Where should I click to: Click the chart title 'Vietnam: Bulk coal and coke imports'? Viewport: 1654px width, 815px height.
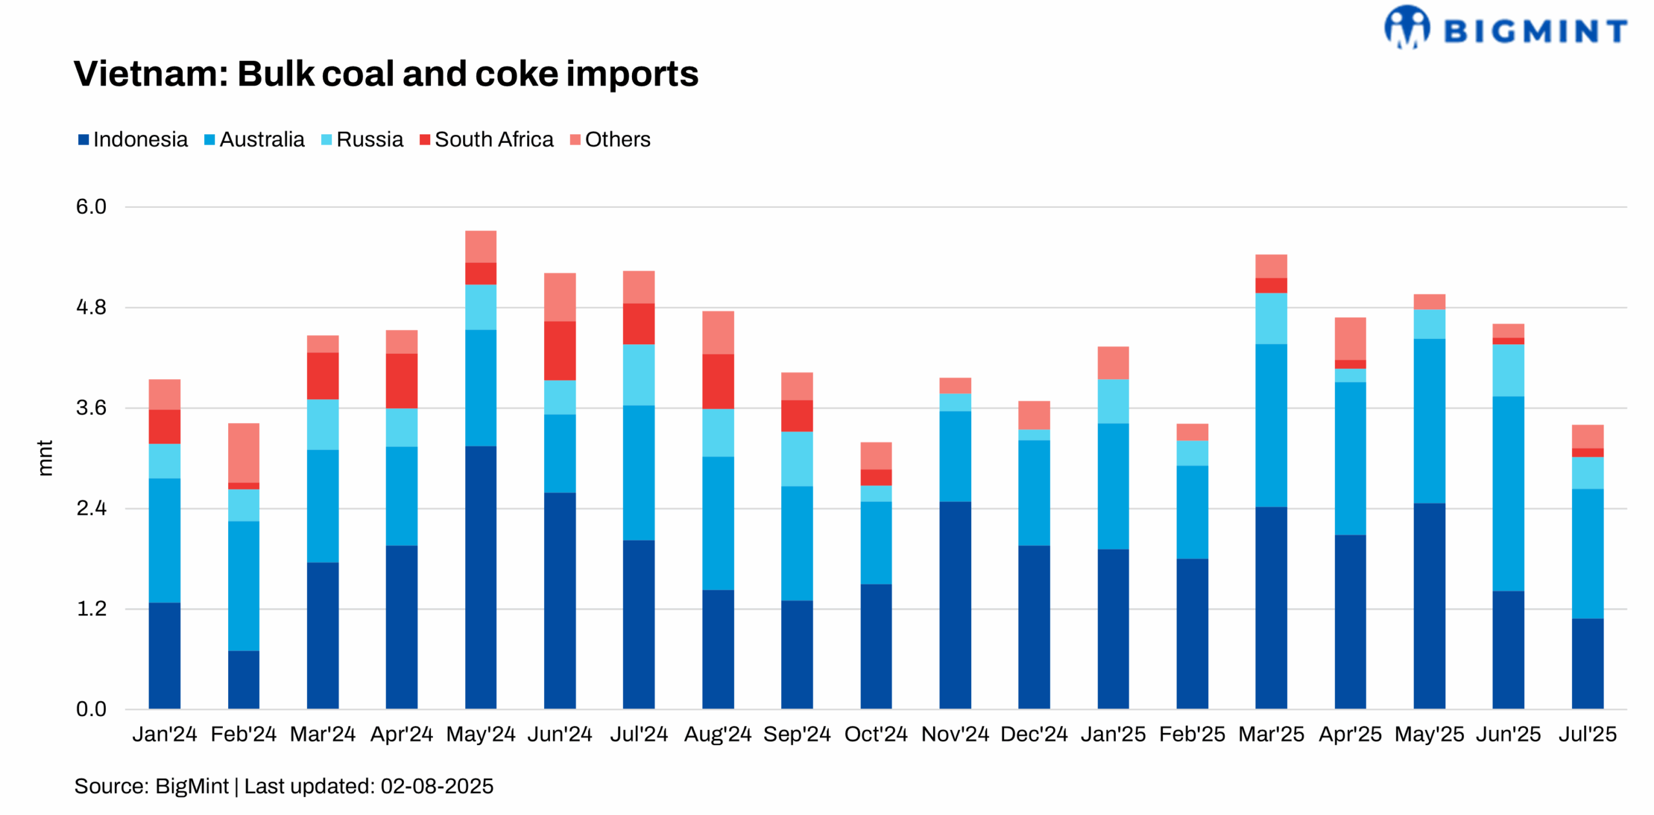(386, 74)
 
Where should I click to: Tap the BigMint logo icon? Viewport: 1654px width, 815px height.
(1407, 27)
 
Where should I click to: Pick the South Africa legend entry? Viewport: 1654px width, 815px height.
(486, 139)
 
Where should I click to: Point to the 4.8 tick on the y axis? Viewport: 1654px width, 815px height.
(91, 307)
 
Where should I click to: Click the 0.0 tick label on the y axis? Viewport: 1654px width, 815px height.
(91, 709)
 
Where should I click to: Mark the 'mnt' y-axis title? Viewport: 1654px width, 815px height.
(45, 458)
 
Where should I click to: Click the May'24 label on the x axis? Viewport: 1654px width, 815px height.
(480, 734)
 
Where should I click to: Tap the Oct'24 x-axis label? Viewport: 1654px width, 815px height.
(875, 734)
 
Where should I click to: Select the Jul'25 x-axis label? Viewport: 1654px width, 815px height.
(1587, 734)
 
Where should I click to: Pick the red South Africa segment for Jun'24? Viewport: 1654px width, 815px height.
(560, 351)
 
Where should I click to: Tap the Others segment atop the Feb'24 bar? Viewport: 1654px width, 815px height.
(244, 453)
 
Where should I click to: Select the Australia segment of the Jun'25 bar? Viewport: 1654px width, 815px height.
(1508, 493)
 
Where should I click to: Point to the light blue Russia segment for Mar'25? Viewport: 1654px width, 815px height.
(1271, 318)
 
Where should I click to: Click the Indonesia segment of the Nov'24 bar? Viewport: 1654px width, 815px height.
(955, 605)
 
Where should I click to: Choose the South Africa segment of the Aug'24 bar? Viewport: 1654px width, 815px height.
(718, 381)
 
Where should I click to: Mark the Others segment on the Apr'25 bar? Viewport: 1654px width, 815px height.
(1350, 338)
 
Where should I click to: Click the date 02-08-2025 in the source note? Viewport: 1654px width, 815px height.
(437, 787)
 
